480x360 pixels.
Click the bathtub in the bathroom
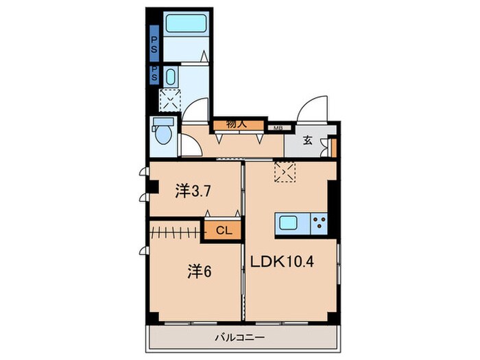pyautogui.click(x=186, y=25)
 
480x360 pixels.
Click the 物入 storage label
pyautogui.click(x=237, y=125)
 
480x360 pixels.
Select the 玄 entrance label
pyautogui.click(x=307, y=141)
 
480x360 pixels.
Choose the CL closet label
pyautogui.click(x=222, y=230)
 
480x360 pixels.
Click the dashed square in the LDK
pyautogui.click(x=284, y=171)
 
